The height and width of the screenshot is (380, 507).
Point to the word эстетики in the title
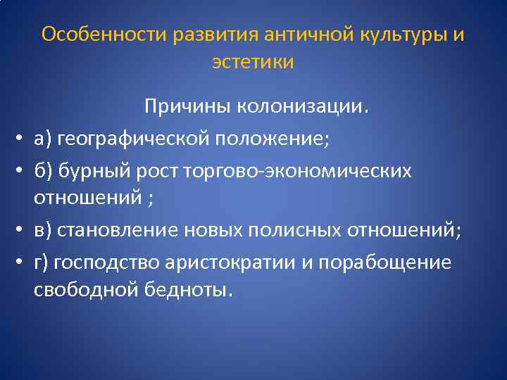click(253, 62)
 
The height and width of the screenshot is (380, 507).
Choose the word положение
click(275, 138)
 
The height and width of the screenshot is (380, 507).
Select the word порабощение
click(384, 262)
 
